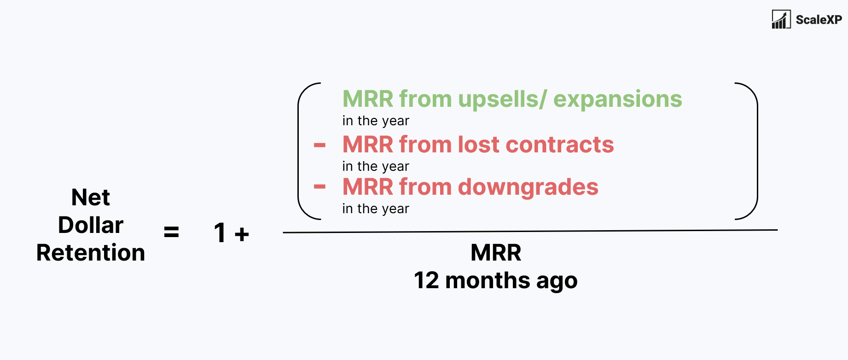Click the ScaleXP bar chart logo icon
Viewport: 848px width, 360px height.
click(781, 19)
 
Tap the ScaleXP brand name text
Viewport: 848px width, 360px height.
click(819, 20)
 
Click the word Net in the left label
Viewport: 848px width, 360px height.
click(91, 197)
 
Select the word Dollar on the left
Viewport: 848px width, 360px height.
click(91, 225)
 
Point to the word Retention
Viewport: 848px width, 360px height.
click(91, 253)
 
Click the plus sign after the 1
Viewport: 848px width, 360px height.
click(242, 234)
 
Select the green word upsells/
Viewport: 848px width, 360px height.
click(503, 99)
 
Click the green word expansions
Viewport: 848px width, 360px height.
click(617, 99)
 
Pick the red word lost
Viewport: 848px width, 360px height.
click(478, 145)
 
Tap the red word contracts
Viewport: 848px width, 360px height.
click(559, 145)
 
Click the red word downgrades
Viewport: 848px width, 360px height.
click(528, 187)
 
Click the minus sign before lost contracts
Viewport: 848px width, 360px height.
click(319, 145)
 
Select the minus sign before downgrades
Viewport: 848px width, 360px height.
click(319, 187)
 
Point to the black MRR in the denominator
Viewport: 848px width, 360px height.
click(496, 253)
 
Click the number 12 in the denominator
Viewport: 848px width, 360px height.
click(426, 280)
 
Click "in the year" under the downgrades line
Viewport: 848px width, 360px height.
click(376, 209)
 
